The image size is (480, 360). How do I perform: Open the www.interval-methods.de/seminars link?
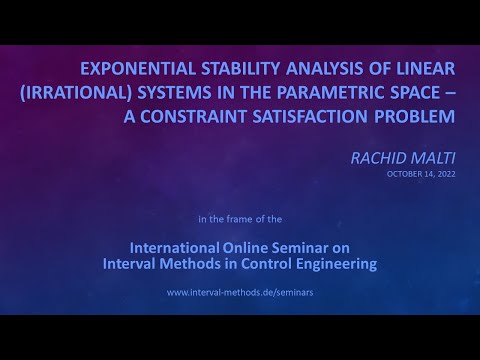click(x=239, y=293)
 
